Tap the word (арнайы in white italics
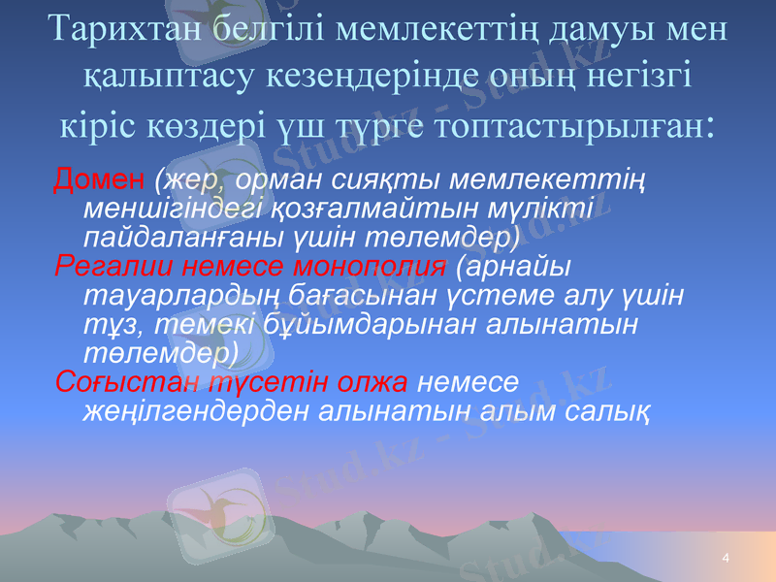coord(511,266)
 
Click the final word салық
coord(609,410)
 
